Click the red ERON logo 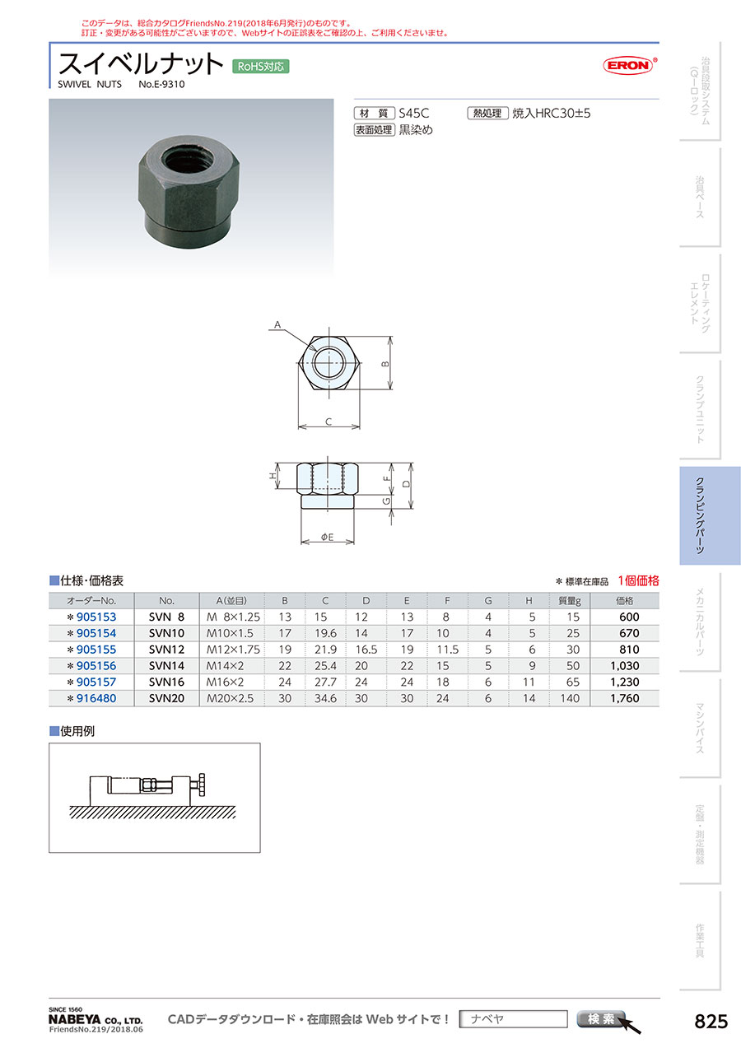point(629,65)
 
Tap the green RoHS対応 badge point(260,67)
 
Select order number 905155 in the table point(96,650)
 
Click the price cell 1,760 point(625,698)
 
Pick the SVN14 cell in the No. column point(166,666)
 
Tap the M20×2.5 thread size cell point(230,698)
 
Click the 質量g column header point(569,601)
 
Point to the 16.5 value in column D point(366,650)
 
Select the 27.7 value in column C point(325,682)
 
